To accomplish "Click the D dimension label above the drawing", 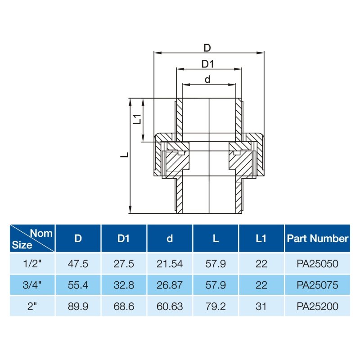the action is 207,48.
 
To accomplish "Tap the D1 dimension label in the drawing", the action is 207,64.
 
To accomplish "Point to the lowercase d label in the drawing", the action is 207,80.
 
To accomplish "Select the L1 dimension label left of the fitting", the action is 137,119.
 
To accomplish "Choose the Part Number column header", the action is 318,238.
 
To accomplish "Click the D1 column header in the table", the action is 123,238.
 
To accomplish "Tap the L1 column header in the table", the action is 261,238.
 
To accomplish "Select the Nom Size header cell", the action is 32,238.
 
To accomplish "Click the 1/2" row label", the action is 32,264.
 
